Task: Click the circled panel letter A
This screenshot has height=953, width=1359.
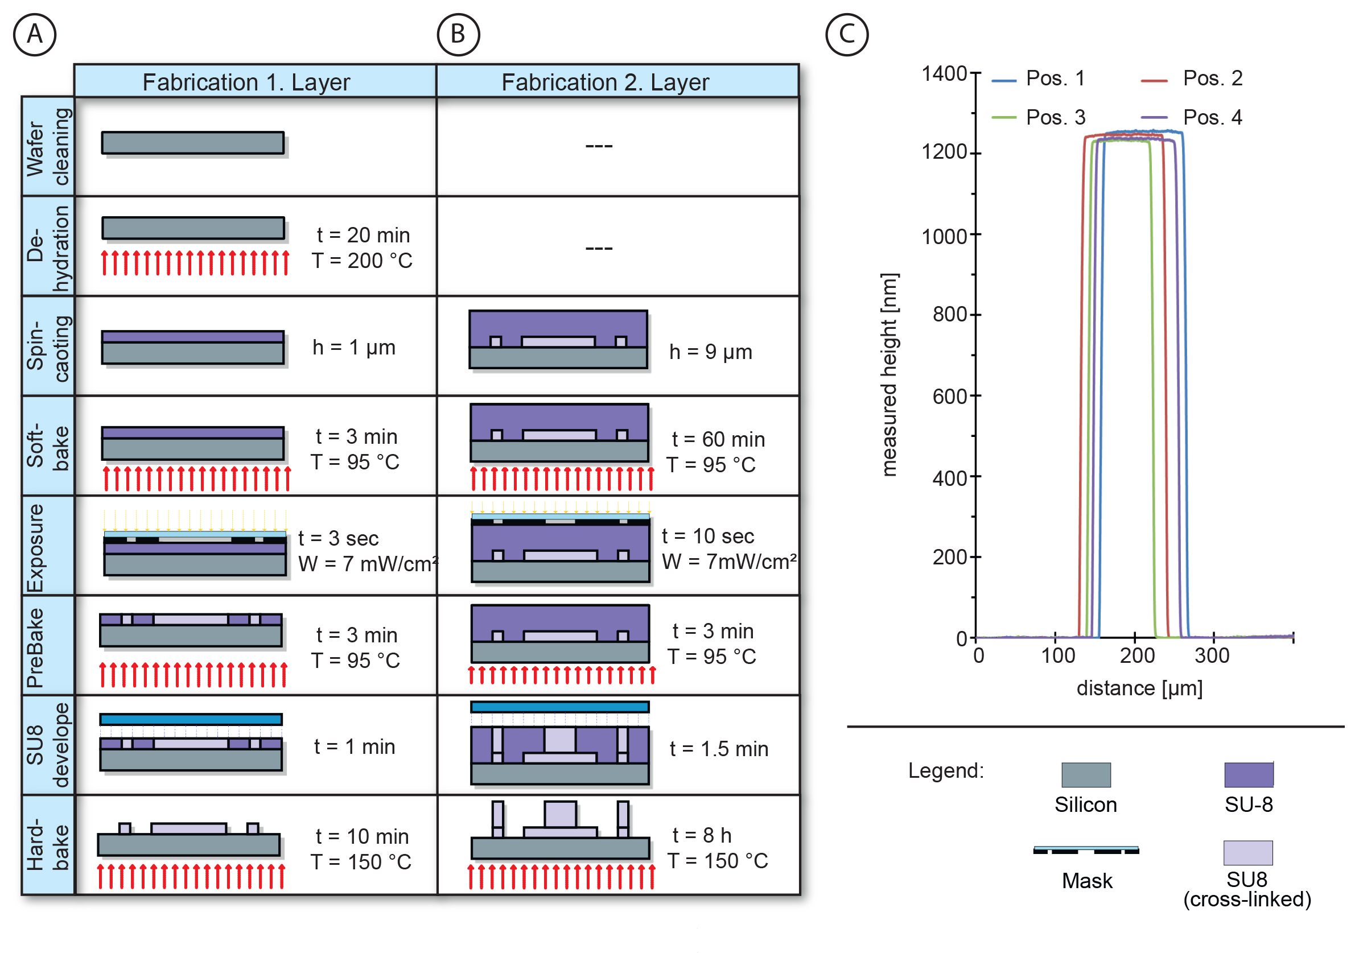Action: (34, 34)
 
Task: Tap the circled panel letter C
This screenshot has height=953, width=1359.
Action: (847, 34)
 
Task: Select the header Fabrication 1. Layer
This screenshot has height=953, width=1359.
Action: (246, 82)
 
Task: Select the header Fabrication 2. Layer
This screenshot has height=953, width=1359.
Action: (605, 82)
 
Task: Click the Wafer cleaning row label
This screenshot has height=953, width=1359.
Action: (48, 147)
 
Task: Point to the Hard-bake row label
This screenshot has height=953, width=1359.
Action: (48, 845)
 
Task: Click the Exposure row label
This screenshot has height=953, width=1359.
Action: (35, 547)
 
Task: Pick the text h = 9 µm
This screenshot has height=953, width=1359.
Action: (710, 352)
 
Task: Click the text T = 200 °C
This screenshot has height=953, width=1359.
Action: (363, 261)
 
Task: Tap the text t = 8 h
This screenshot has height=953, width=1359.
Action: (703, 836)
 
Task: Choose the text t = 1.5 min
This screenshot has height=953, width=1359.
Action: (719, 749)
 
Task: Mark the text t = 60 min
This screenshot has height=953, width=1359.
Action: (719, 440)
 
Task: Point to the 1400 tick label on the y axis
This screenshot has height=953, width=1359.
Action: (944, 74)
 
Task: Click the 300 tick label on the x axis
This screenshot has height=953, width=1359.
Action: (1212, 656)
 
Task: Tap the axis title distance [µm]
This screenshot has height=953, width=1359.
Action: (1139, 688)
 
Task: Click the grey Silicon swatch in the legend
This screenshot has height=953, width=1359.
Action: (1086, 775)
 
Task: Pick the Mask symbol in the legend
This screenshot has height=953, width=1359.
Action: (1086, 851)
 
